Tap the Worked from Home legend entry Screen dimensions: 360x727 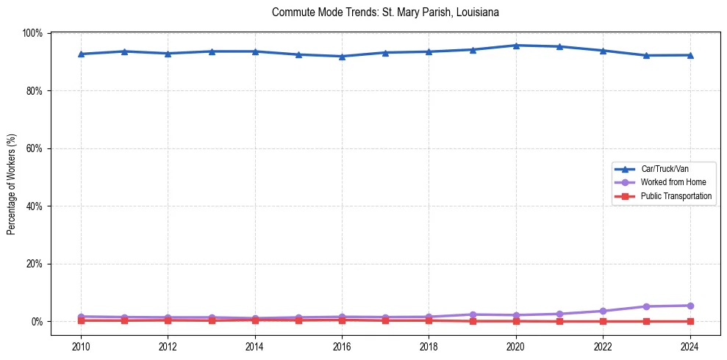[668, 182]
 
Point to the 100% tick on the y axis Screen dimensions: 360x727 [32, 33]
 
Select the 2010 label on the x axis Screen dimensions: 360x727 [81, 346]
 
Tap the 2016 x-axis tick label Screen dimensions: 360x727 [342, 346]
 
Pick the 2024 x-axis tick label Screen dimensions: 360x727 [690, 346]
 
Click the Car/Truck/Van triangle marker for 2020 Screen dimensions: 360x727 [516, 46]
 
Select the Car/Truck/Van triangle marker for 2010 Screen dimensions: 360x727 [81, 54]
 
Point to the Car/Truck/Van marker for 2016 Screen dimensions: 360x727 [342, 57]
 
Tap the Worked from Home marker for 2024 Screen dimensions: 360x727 [690, 306]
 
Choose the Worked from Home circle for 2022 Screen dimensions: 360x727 [603, 311]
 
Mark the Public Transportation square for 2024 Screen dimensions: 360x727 [690, 321]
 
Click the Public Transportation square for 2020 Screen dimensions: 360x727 [516, 321]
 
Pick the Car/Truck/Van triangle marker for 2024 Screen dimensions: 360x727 [690, 55]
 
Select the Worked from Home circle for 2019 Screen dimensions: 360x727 [473, 314]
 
